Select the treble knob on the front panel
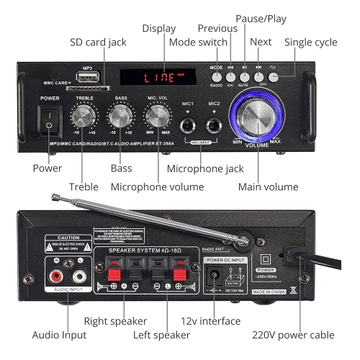pos(85,117)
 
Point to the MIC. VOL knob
pos(158,116)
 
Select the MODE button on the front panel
pos(216,76)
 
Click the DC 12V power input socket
pos(213,274)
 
